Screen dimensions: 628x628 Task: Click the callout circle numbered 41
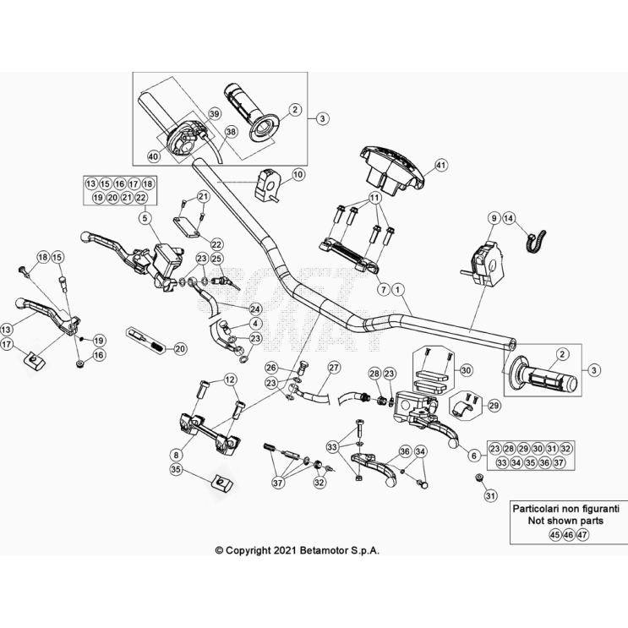click(x=440, y=165)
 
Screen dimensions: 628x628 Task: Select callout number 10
click(x=298, y=175)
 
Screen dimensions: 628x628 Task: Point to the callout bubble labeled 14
click(x=509, y=217)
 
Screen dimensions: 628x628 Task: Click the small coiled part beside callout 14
click(x=533, y=241)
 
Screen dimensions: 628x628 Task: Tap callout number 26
click(x=270, y=367)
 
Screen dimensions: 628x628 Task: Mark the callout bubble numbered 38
click(x=232, y=132)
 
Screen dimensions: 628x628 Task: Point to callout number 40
click(x=153, y=156)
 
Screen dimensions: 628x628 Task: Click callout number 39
click(x=214, y=113)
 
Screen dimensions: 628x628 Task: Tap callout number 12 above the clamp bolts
click(x=230, y=380)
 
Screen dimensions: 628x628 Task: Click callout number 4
click(x=256, y=324)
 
